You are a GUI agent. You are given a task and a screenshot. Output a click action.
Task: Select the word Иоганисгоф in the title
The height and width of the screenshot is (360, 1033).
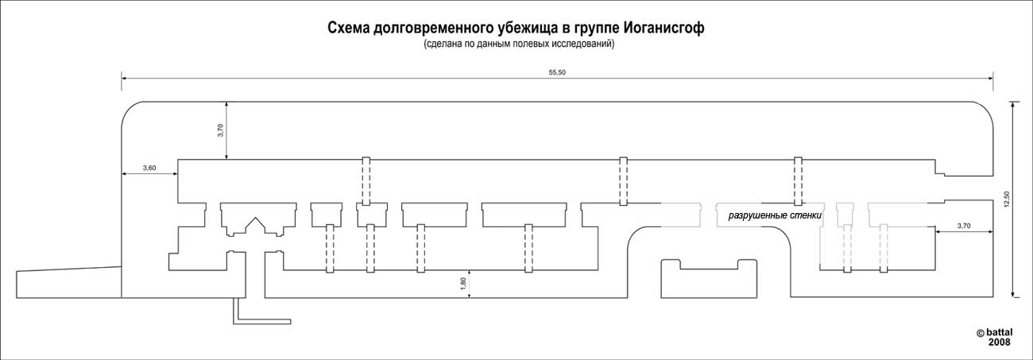(x=664, y=29)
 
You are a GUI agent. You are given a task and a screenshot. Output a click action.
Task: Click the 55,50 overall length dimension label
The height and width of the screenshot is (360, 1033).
(x=557, y=72)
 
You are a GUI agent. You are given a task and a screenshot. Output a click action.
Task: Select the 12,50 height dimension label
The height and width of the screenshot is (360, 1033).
(x=1006, y=199)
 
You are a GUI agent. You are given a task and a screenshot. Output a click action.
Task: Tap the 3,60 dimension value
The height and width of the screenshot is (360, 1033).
(x=149, y=168)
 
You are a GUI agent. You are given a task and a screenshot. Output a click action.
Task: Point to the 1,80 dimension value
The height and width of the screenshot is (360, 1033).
(x=463, y=284)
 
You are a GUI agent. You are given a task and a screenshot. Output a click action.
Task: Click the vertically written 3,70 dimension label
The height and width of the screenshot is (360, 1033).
(x=220, y=130)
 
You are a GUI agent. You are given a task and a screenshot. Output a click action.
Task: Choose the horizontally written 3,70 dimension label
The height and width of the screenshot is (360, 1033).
(x=964, y=226)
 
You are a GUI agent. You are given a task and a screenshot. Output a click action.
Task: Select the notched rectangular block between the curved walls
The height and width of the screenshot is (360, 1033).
(x=709, y=279)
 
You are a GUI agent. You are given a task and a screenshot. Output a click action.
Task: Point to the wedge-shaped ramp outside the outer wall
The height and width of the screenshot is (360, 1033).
(x=68, y=282)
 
